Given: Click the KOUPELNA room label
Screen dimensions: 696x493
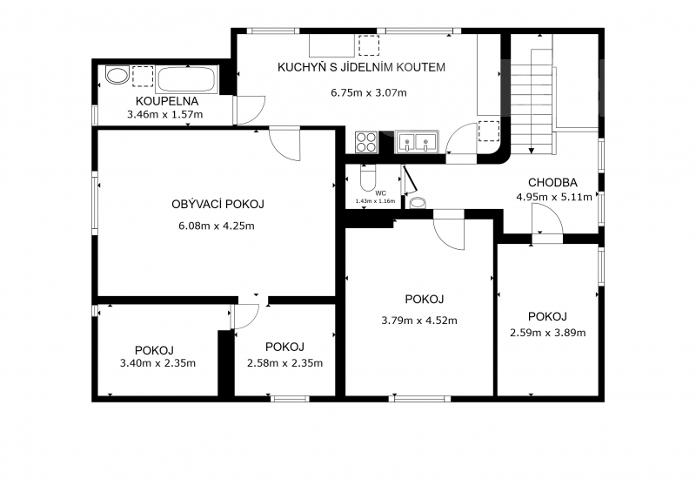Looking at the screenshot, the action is [167, 101].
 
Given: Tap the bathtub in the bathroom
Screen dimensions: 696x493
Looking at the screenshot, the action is [186, 79].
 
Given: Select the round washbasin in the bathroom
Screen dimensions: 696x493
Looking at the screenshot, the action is [117, 75].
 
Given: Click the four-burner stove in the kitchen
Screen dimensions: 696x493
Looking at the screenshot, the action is [366, 142].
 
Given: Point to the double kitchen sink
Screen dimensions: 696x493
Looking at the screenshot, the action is [417, 142].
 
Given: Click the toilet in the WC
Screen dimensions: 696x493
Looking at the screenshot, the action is [368, 178].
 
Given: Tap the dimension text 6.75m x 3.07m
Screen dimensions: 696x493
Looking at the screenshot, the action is [368, 93].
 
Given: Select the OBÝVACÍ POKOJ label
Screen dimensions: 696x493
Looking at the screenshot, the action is [218, 204].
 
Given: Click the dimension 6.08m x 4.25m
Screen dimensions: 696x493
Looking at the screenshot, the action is [217, 226].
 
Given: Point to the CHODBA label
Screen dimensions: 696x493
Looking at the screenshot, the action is [552, 182].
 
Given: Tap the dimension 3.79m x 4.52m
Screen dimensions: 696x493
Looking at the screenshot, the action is [419, 321].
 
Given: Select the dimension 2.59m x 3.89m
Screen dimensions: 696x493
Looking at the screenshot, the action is [548, 333].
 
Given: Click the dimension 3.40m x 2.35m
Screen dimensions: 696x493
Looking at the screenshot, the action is [157, 363].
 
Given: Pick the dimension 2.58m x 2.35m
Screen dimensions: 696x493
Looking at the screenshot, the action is [285, 363].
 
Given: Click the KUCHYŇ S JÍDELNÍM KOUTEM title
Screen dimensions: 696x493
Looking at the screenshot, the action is [361, 67].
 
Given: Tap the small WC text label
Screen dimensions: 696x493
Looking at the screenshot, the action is [381, 193].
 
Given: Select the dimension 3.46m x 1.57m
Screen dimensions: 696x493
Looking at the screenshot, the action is [165, 115].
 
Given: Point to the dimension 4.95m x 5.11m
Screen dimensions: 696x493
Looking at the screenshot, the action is [554, 197].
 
